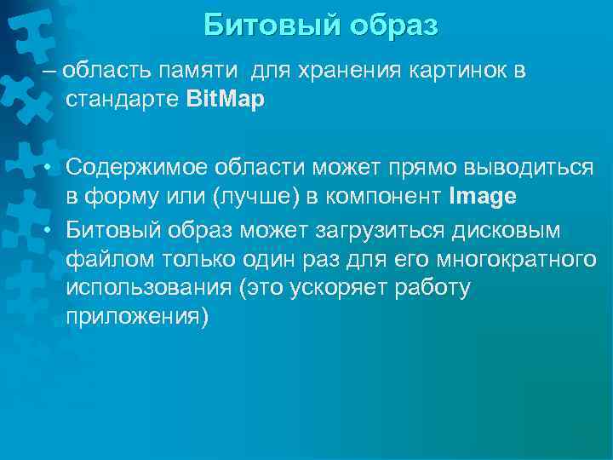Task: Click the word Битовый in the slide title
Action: point(270,25)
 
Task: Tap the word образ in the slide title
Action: point(390,25)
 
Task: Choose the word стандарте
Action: point(123,100)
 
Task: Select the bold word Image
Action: point(483,197)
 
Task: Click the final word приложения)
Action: point(136,317)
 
